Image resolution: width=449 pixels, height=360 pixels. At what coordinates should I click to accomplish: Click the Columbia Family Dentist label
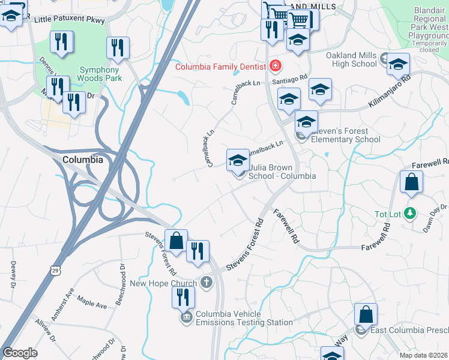221,67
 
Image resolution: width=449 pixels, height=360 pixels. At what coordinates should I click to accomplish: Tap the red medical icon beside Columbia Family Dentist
276,65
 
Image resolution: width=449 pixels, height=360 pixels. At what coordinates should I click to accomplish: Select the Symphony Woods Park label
101,74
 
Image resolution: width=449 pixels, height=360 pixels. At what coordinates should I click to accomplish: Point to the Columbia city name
83,160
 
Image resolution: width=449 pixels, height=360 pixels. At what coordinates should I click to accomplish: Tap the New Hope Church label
163,284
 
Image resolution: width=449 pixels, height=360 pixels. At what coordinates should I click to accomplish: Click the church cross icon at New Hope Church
206,282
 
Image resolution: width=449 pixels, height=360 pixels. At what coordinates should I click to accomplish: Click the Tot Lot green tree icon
410,213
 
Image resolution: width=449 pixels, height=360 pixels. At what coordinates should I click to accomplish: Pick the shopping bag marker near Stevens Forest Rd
176,241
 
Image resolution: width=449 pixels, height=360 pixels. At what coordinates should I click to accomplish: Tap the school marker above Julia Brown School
238,161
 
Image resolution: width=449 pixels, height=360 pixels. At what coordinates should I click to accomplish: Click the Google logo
20,353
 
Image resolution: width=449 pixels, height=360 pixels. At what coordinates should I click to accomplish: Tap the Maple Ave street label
92,305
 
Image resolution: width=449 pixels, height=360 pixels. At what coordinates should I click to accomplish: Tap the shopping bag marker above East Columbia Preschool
366,316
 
